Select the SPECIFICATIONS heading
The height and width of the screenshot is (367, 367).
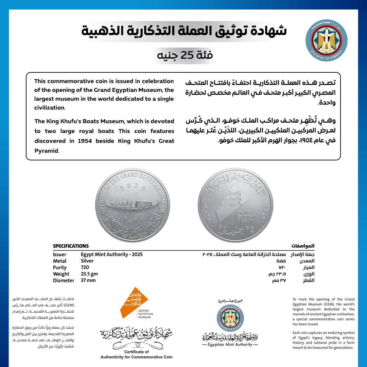[x=71, y=246]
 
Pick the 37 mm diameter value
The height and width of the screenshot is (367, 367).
[x=88, y=280]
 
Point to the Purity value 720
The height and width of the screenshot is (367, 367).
[x=85, y=267]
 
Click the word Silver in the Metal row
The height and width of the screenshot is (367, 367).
[x=87, y=261]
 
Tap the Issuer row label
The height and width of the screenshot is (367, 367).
[x=59, y=255]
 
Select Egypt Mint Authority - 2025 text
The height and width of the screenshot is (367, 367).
[x=112, y=255]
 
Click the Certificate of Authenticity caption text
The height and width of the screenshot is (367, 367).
[x=136, y=354]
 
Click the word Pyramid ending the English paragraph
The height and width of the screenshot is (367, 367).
[x=46, y=151]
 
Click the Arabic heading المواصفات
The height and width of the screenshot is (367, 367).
[x=303, y=246]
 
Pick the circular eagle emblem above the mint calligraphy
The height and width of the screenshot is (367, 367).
[x=230, y=318]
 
